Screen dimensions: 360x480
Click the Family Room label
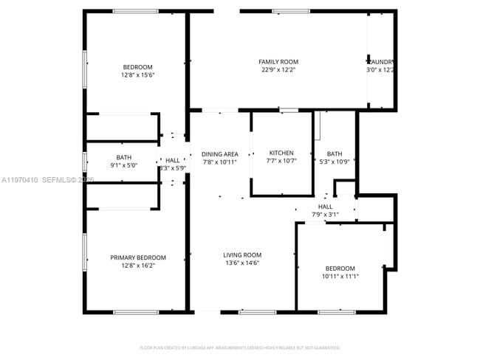click(278, 62)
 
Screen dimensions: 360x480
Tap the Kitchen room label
click(281, 153)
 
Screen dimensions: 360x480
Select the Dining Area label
click(220, 154)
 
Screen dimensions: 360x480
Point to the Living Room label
click(242, 255)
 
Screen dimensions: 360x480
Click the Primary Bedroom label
click(138, 257)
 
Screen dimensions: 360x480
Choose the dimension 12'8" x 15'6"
click(138, 75)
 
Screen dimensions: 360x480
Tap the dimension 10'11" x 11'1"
click(340, 277)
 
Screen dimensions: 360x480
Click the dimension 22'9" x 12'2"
click(278, 70)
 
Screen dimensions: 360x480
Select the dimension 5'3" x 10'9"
click(335, 162)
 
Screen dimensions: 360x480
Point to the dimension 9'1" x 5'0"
click(123, 165)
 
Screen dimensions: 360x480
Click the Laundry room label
click(380, 62)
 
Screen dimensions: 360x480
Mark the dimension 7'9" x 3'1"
click(325, 215)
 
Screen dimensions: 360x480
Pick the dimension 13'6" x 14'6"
click(242, 263)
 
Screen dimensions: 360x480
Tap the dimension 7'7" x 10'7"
click(281, 162)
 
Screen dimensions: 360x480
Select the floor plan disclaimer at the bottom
click(240, 347)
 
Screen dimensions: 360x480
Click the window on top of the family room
click(291, 11)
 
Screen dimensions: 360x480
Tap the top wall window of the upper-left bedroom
click(135, 11)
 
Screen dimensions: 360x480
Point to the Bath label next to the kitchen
click(335, 153)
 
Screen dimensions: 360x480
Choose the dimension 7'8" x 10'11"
click(220, 162)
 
